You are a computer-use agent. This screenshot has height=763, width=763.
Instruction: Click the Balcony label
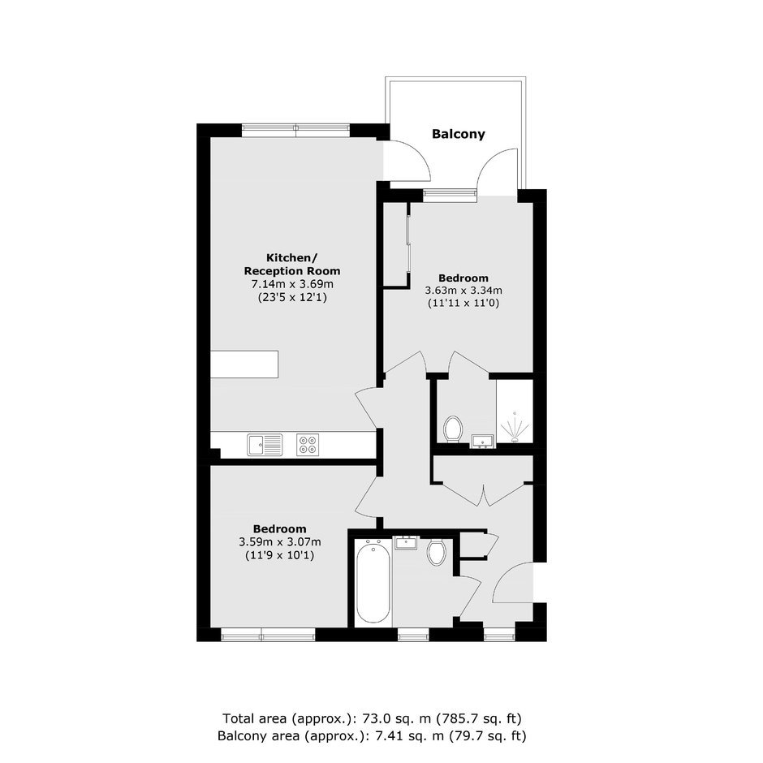point(459,134)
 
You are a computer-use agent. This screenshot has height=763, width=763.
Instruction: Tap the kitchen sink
point(265,445)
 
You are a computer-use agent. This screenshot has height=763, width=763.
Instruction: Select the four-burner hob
point(308,445)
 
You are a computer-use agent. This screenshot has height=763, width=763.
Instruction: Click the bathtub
point(373,582)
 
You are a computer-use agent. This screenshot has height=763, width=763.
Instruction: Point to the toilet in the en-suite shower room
point(453,429)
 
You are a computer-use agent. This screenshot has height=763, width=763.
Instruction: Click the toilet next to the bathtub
point(437,552)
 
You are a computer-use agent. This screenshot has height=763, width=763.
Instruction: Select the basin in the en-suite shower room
point(482,441)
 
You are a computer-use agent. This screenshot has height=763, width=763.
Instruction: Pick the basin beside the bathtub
point(406,543)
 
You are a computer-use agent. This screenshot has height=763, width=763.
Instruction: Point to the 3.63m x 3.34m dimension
point(463,291)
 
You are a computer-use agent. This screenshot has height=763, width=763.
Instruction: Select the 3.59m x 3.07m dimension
point(280,541)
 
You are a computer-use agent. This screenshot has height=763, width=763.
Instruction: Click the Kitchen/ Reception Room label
point(291,265)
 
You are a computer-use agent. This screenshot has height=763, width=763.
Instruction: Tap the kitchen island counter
point(244,364)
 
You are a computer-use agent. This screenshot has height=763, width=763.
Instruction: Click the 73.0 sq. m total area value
point(398,718)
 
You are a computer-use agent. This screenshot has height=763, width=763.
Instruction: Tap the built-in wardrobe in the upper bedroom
point(397,245)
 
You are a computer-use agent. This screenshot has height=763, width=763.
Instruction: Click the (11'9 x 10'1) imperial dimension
point(280,554)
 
